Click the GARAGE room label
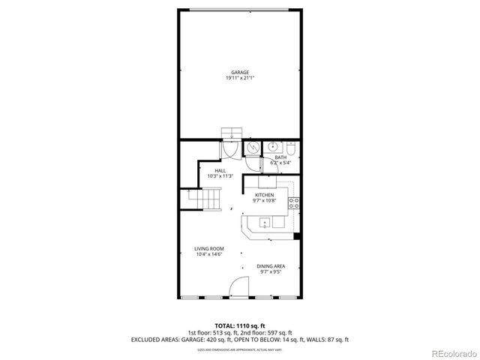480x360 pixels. pos(239,72)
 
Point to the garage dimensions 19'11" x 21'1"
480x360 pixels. pos(239,78)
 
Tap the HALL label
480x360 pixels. pos(220,170)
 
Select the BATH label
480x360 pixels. pos(280,157)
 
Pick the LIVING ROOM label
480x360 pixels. pos(209,249)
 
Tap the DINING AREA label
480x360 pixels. pos(270,266)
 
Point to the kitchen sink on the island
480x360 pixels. pos(265,222)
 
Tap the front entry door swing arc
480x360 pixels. pos(238,286)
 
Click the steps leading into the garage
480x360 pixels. pos(232,133)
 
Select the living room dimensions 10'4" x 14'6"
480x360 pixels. pos(209,255)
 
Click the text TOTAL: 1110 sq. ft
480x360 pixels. pos(239,324)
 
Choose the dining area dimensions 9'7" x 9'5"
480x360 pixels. pos(270,272)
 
